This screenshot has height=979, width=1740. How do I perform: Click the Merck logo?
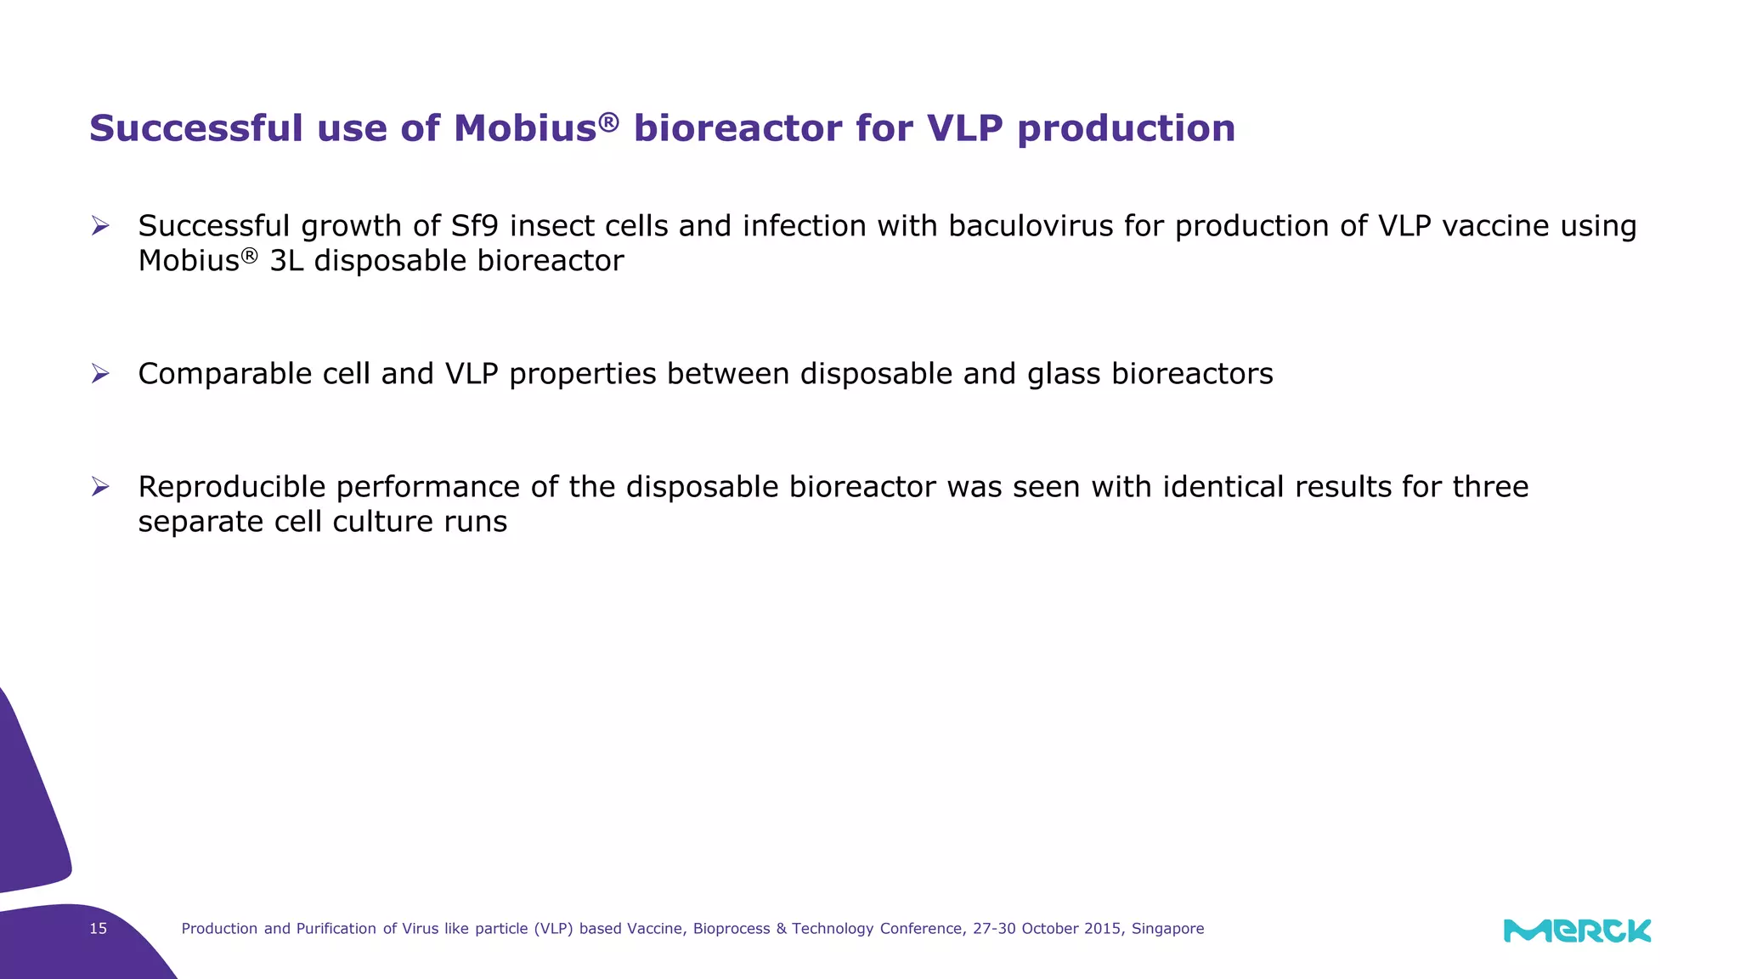tap(1577, 931)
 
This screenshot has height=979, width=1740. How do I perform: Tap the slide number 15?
tap(99, 929)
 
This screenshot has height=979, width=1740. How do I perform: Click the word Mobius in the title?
tap(525, 129)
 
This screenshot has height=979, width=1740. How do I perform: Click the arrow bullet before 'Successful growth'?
tap(100, 226)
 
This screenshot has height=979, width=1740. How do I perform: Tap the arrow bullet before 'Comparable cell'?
tap(100, 374)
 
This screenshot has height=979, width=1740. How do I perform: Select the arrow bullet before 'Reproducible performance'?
tap(100, 487)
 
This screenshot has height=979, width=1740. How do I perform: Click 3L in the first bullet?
tap(286, 261)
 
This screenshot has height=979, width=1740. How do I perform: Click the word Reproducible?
tap(231, 488)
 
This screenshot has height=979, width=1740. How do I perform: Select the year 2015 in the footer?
tap(1102, 929)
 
